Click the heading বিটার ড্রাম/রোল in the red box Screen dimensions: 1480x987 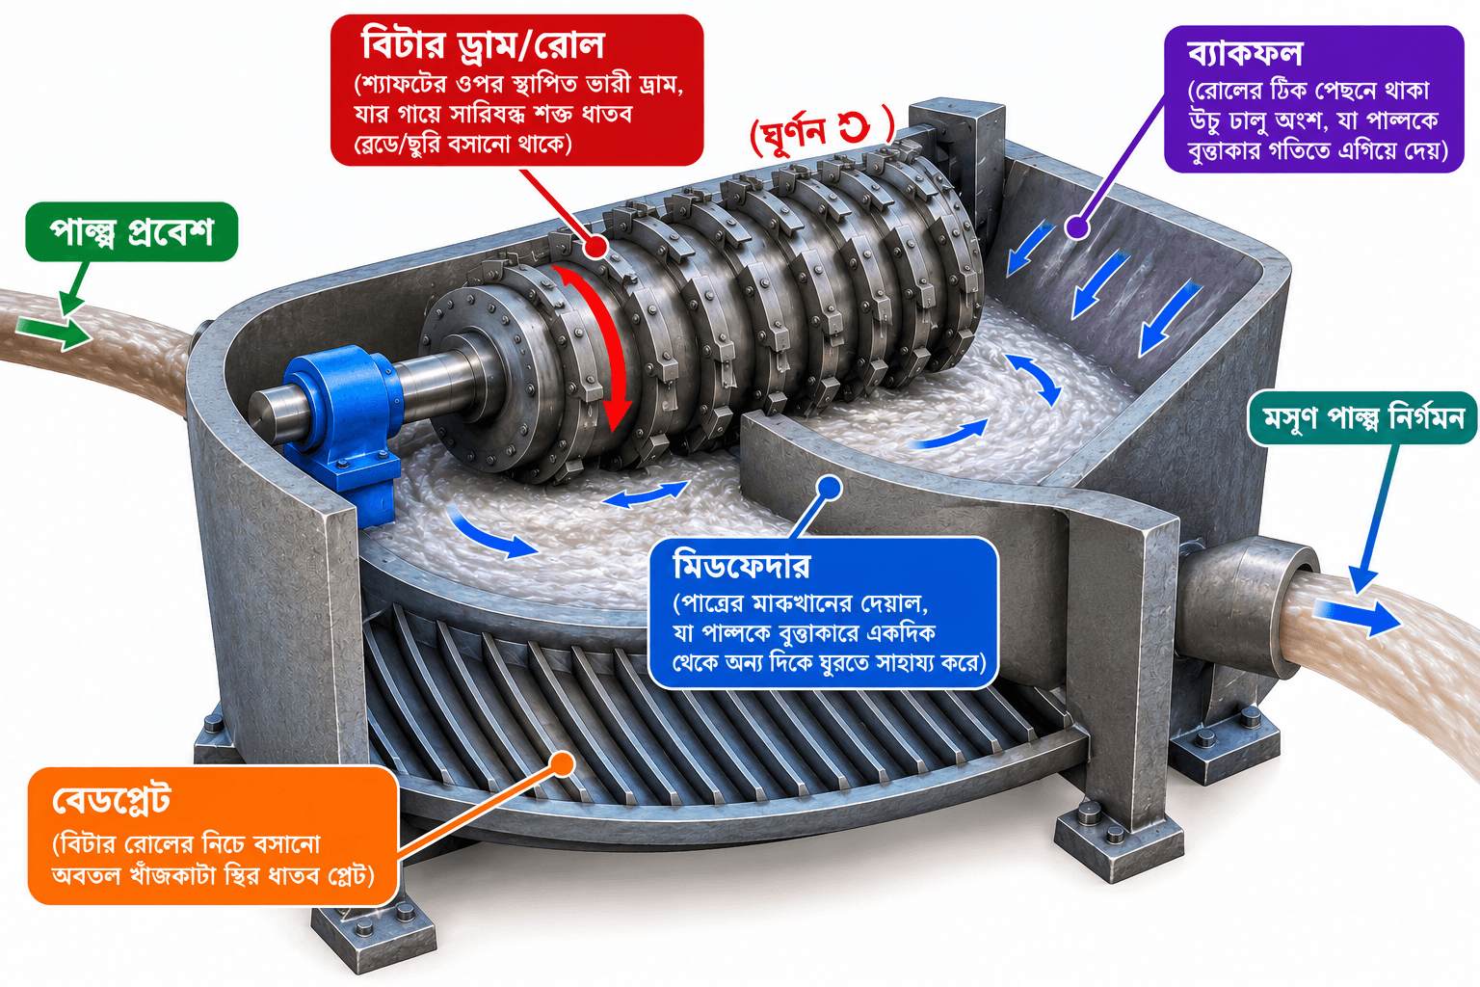coord(483,44)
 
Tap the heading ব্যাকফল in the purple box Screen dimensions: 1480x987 coord(1245,54)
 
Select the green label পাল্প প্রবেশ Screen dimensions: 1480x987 coord(131,232)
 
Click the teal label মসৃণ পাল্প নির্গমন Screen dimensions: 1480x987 coord(1363,417)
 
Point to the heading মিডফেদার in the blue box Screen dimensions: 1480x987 coord(742,566)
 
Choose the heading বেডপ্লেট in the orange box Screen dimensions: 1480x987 coord(112,801)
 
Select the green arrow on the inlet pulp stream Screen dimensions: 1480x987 coord(53,332)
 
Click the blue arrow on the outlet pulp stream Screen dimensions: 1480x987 coord(1356,615)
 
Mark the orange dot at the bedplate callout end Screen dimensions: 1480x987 coord(563,763)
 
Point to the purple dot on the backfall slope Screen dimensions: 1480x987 coord(1077,227)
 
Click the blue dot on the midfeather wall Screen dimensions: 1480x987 coord(830,489)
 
